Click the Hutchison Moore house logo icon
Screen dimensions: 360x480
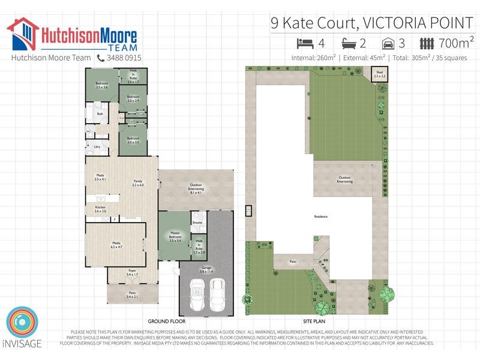coord(22,34)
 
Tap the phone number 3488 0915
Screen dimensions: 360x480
coord(124,58)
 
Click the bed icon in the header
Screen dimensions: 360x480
coord(305,43)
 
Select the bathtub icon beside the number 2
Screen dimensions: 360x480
coord(350,43)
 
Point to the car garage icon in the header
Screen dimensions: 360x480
coord(389,43)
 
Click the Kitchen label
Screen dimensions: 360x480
coord(100,209)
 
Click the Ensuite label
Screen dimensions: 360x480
coord(197,222)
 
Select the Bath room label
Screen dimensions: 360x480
coord(100,113)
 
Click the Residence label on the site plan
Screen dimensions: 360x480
coord(320,217)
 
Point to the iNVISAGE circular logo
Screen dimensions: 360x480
coord(23,325)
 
